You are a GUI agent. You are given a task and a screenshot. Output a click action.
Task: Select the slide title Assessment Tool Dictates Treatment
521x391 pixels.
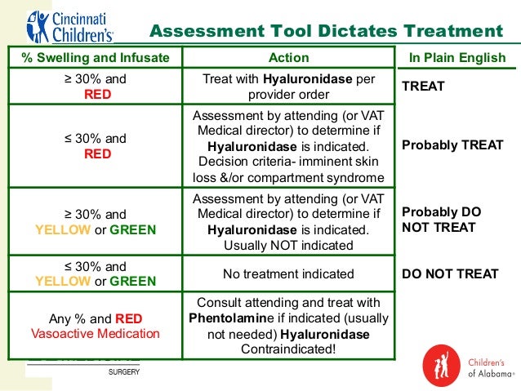click(x=327, y=32)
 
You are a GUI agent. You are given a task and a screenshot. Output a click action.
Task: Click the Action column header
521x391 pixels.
click(x=288, y=58)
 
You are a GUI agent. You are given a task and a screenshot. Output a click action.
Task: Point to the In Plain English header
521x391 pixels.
click(x=457, y=58)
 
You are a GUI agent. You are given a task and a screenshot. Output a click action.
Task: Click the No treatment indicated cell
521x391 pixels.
click(x=288, y=274)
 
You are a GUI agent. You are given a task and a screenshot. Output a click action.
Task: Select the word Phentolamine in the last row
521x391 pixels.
click(x=233, y=318)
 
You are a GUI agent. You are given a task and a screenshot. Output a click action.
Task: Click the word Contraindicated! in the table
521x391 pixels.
click(x=288, y=349)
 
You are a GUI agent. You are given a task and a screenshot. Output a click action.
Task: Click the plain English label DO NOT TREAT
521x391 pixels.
click(x=449, y=274)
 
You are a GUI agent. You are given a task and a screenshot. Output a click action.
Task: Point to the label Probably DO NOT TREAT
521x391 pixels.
click(x=442, y=219)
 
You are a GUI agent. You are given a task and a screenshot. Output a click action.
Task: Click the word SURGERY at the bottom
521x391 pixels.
click(x=123, y=371)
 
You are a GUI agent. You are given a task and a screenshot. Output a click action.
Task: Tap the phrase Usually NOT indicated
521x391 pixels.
click(x=288, y=246)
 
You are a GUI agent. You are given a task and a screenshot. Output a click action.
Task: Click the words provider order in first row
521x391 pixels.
click(x=288, y=94)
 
